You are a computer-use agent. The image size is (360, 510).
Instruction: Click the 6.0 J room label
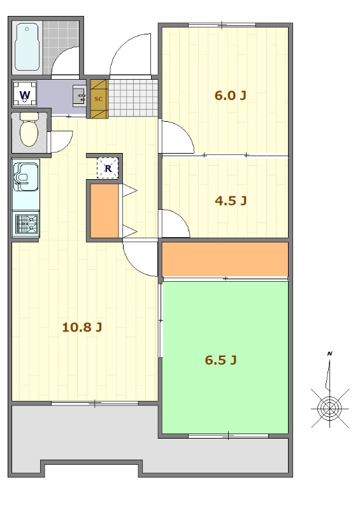click(230, 96)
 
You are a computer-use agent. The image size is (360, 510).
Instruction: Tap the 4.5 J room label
click(231, 200)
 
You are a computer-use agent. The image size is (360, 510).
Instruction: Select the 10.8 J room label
click(82, 327)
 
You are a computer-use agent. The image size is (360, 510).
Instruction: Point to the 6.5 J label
click(220, 360)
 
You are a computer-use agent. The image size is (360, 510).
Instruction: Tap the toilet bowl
click(29, 131)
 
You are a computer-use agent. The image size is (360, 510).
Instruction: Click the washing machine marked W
click(25, 94)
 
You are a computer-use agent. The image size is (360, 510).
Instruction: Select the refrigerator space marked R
click(108, 168)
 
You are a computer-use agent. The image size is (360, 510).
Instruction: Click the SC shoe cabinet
click(99, 99)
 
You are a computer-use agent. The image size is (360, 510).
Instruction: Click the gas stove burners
click(26, 224)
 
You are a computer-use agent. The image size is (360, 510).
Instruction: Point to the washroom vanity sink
click(79, 96)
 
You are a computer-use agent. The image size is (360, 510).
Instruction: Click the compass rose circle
click(330, 408)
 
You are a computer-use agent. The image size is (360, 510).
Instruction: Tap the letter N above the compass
click(330, 354)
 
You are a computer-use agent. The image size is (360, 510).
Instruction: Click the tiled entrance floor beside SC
click(133, 98)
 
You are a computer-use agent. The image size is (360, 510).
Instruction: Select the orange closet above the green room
click(225, 259)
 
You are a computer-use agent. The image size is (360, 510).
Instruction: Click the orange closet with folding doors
click(104, 211)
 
